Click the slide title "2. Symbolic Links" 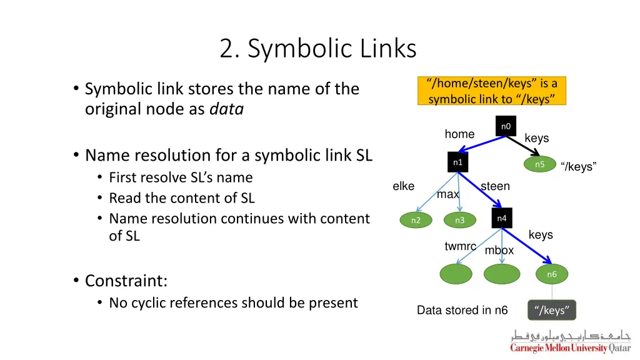pyautogui.click(x=317, y=48)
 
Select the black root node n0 pyautogui.click(x=506, y=126)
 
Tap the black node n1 pyautogui.click(x=457, y=162)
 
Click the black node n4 pyautogui.click(x=501, y=218)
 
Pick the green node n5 pyautogui.click(x=540, y=164)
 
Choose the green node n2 pyautogui.click(x=416, y=220)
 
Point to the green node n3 pyautogui.click(x=459, y=220)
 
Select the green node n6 pyautogui.click(x=551, y=274)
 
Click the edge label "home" pyautogui.click(x=459, y=134)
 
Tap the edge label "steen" pyautogui.click(x=495, y=186)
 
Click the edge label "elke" pyautogui.click(x=403, y=186)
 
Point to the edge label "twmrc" pyautogui.click(x=460, y=246)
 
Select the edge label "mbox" pyautogui.click(x=499, y=251)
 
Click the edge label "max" pyautogui.click(x=448, y=194)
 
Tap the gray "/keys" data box pyautogui.click(x=552, y=310)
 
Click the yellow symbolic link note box pyautogui.click(x=492, y=91)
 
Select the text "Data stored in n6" pyautogui.click(x=462, y=310)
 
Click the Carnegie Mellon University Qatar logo pyautogui.click(x=570, y=341)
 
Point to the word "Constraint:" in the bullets pyautogui.click(x=126, y=281)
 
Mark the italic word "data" pyautogui.click(x=226, y=109)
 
